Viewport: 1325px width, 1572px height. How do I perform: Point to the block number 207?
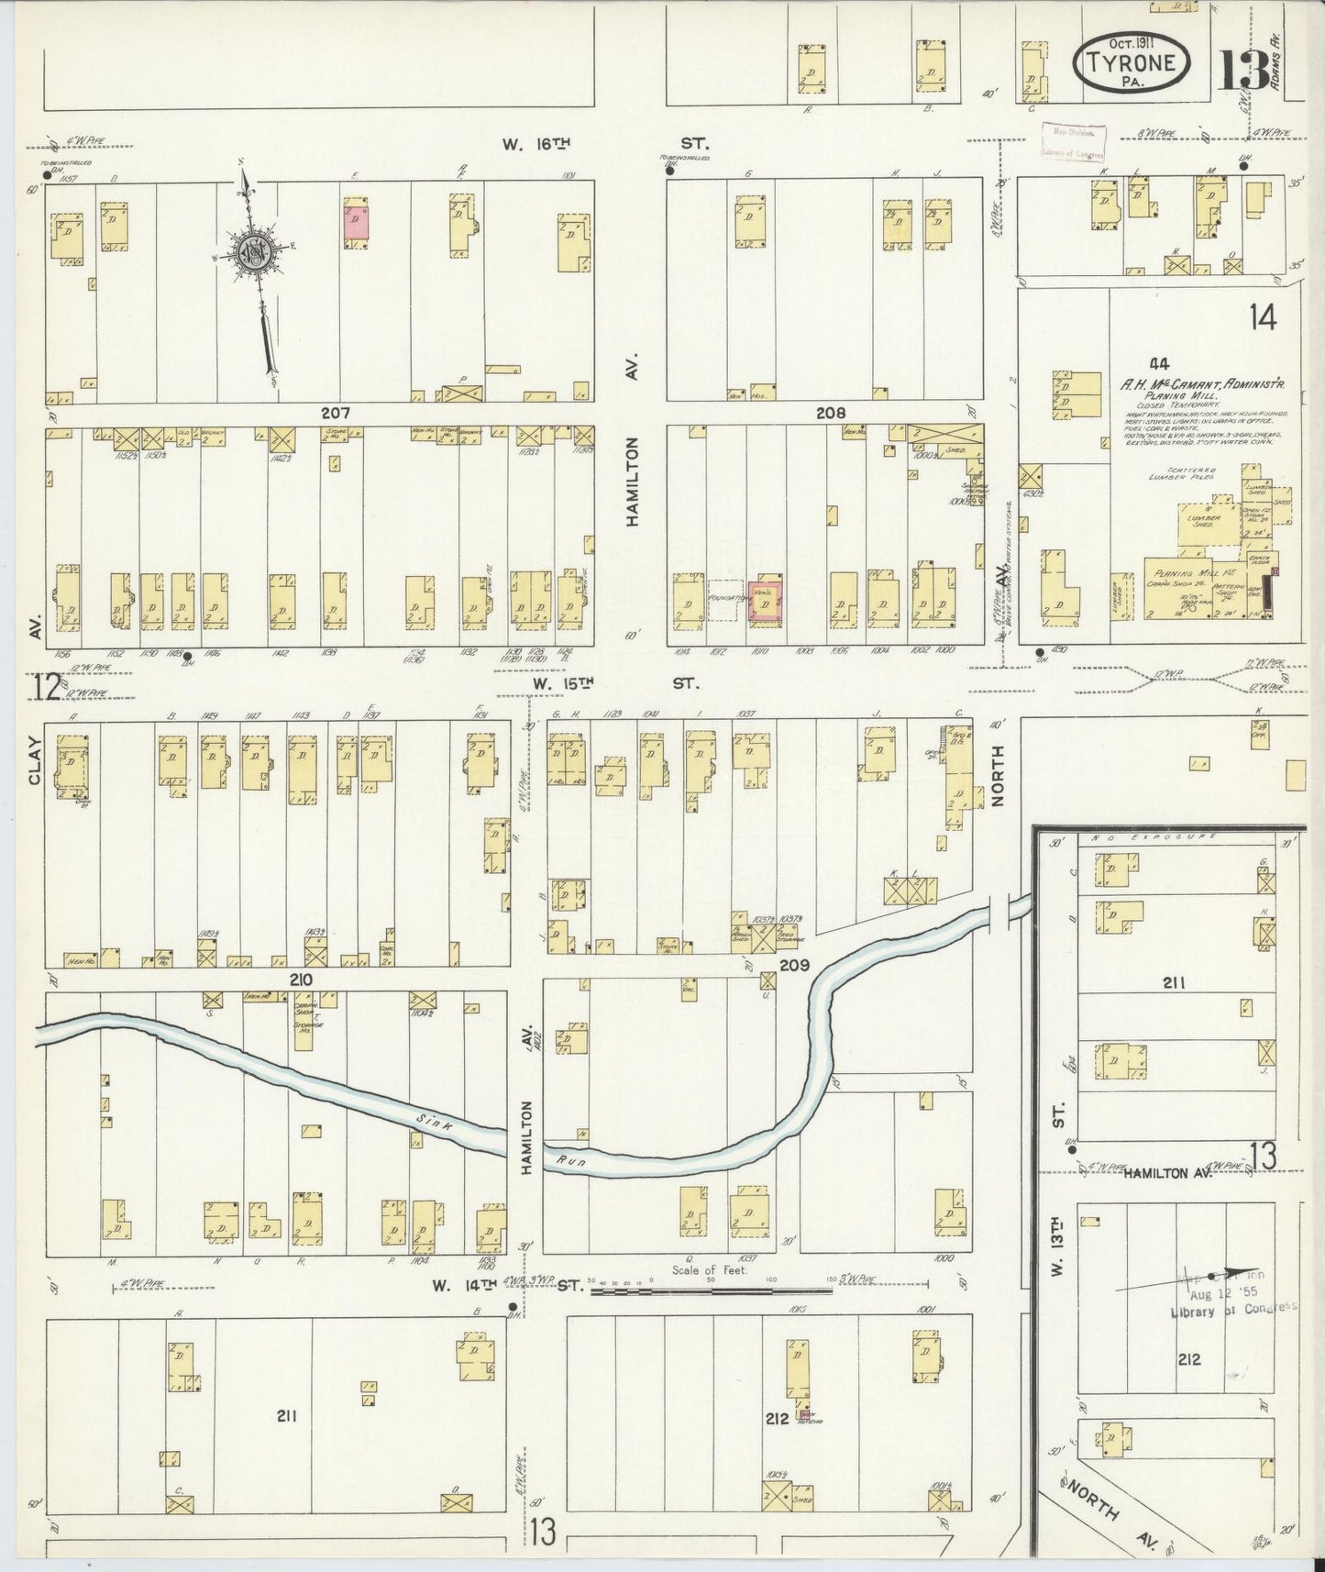336,414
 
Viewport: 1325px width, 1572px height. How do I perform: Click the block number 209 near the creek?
792,966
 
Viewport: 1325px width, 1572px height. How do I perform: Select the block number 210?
301,980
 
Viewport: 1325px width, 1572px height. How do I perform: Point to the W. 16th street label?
536,143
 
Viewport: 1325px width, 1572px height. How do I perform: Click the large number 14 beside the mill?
1262,317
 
